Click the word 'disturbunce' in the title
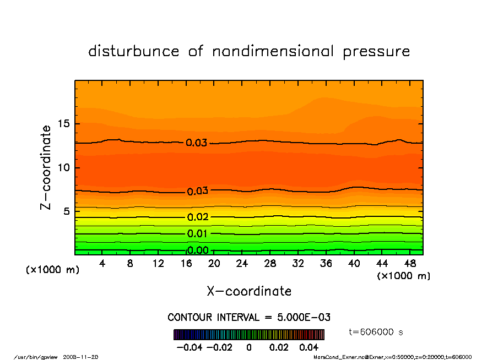pyautogui.click(x=134, y=52)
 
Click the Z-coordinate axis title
pyautogui.click(x=47, y=167)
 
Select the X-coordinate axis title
pyautogui.click(x=249, y=291)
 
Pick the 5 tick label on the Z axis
pyautogui.click(x=67, y=211)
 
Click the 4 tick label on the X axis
pyautogui.click(x=102, y=264)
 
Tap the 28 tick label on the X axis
pyautogui.click(x=270, y=264)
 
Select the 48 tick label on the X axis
pyautogui.click(x=409, y=264)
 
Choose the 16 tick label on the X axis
pyautogui.click(x=186, y=264)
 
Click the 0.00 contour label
pyautogui.click(x=198, y=250)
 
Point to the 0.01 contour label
pyautogui.click(x=197, y=234)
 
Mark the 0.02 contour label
pyautogui.click(x=197, y=217)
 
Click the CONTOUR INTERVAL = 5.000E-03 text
pyautogui.click(x=249, y=318)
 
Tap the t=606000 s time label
pyautogui.click(x=377, y=332)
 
